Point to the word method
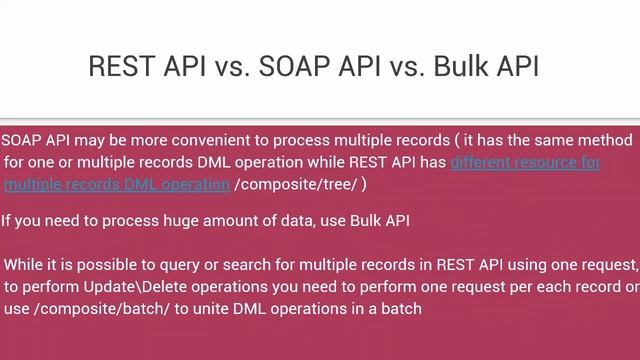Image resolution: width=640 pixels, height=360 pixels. [x=604, y=140]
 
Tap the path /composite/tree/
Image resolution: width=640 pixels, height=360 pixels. [x=296, y=184]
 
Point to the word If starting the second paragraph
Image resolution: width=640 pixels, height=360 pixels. [x=7, y=221]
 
